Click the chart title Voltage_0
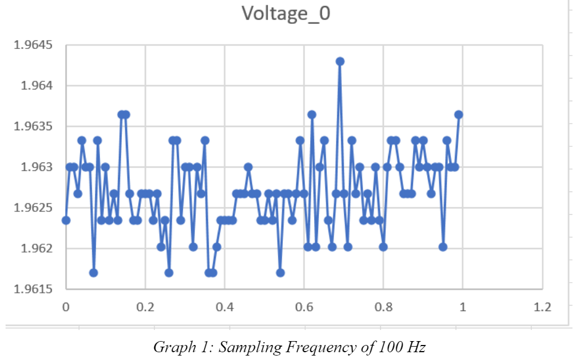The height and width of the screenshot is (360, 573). tap(286, 14)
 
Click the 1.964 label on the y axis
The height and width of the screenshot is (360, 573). tap(37, 86)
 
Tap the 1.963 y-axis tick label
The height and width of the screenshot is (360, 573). tap(37, 167)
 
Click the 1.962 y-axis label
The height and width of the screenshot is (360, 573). tap(37, 248)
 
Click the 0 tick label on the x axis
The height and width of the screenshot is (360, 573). tap(66, 307)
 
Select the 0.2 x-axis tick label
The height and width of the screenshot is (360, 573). tap(145, 307)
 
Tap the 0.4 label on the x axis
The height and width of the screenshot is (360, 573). tap(224, 307)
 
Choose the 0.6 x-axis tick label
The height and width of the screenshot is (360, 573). tap(303, 307)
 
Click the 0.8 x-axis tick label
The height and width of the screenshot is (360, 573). tap(383, 307)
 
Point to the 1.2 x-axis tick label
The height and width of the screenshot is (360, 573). tap(542, 307)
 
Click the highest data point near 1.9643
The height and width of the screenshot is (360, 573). tap(340, 61)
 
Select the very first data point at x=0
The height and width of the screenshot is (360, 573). tap(66, 220)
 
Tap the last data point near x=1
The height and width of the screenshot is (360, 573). tap(459, 115)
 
